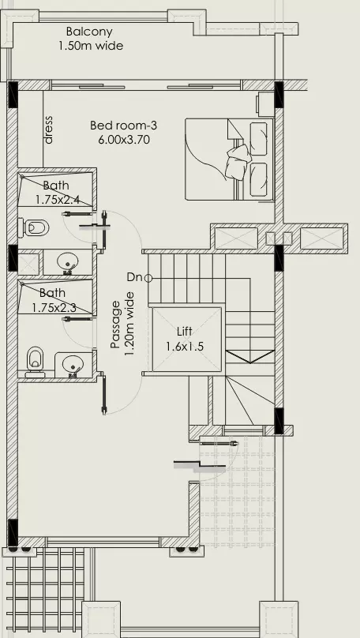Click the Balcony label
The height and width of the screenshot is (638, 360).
tap(89, 32)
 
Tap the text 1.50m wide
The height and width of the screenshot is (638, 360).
tap(91, 46)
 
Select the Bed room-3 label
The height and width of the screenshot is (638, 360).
tap(123, 125)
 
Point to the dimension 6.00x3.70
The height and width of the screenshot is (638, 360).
tap(124, 140)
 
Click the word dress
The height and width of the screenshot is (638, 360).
tap(48, 129)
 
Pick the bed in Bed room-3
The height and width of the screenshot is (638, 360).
tap(229, 159)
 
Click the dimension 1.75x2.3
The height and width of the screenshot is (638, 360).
tap(54, 307)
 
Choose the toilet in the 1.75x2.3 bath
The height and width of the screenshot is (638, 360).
tap(36, 362)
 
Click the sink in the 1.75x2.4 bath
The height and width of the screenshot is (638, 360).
tap(68, 263)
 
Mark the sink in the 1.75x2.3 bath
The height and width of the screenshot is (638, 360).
tap(73, 364)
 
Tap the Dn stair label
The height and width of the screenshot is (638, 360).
tap(134, 277)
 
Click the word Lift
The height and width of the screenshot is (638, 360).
tap(184, 332)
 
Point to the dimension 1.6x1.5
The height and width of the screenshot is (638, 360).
tap(185, 347)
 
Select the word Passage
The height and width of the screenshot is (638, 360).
tap(115, 325)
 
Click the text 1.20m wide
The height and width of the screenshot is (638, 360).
tap(129, 324)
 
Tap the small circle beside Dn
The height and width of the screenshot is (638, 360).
tap(148, 278)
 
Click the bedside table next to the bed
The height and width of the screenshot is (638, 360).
tap(265, 104)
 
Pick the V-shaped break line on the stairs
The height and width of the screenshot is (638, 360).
tap(249, 357)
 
